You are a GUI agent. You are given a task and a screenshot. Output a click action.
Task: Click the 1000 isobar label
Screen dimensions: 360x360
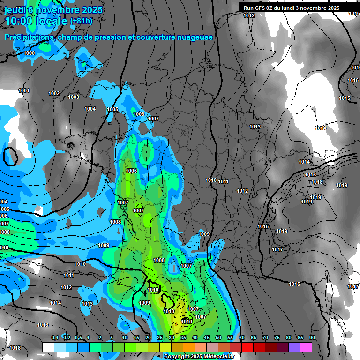(x=29, y=53)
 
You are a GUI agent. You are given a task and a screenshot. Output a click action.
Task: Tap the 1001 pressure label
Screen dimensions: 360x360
(x=24, y=91)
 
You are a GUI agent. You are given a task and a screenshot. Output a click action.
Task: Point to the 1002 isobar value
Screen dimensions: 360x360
(x=54, y=94)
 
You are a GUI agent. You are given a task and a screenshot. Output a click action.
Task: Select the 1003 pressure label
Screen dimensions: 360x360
(x=74, y=97)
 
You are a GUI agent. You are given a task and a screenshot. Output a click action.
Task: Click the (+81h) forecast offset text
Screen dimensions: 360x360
(x=81, y=21)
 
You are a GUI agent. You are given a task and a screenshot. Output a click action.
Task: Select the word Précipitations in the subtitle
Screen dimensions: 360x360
(x=29, y=37)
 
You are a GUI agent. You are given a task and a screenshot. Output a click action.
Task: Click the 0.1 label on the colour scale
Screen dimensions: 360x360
(x=54, y=338)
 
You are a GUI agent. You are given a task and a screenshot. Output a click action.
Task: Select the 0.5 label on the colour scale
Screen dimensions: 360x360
(x=78, y=338)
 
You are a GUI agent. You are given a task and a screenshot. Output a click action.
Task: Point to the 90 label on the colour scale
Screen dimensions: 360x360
(x=312, y=338)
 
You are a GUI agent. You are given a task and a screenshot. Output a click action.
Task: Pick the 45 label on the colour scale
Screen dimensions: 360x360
(x=207, y=338)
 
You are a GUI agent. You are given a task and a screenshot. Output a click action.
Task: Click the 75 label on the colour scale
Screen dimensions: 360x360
(x=277, y=338)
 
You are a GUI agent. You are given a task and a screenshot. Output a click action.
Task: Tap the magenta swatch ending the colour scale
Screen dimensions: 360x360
(x=306, y=347)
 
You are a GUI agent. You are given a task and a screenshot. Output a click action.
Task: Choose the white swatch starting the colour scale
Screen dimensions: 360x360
(x=48, y=347)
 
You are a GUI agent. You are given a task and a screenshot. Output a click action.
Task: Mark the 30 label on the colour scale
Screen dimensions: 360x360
(x=172, y=338)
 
